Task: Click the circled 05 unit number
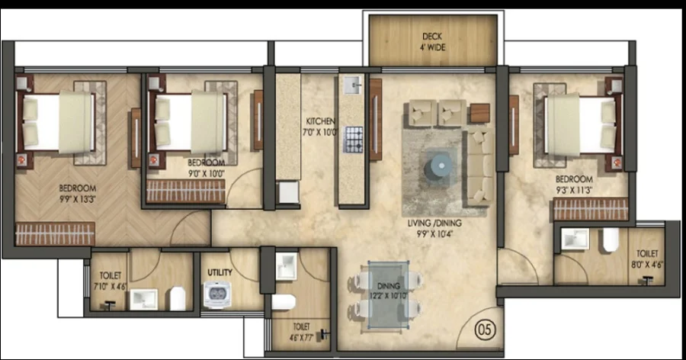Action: pyautogui.click(x=485, y=329)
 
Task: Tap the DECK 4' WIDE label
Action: pyautogui.click(x=432, y=42)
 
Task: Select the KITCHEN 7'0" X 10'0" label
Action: pyautogui.click(x=321, y=127)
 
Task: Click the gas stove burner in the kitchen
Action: pyautogui.click(x=353, y=140)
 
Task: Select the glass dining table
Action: pyautogui.click(x=389, y=294)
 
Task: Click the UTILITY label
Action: pyautogui.click(x=220, y=272)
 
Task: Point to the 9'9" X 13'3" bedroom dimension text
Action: pyautogui.click(x=78, y=199)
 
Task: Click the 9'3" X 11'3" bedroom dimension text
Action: pyautogui.click(x=574, y=190)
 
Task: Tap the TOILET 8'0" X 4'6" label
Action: pyautogui.click(x=647, y=259)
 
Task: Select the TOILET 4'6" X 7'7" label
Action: pyautogui.click(x=301, y=332)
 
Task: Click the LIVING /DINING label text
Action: pyautogui.click(x=434, y=223)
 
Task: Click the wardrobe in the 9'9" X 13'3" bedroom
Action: pyautogui.click(x=55, y=233)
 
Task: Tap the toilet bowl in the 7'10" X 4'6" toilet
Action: pyautogui.click(x=178, y=298)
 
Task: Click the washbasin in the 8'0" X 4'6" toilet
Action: pyautogui.click(x=575, y=239)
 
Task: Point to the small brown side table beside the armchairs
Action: pyautogui.click(x=480, y=113)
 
